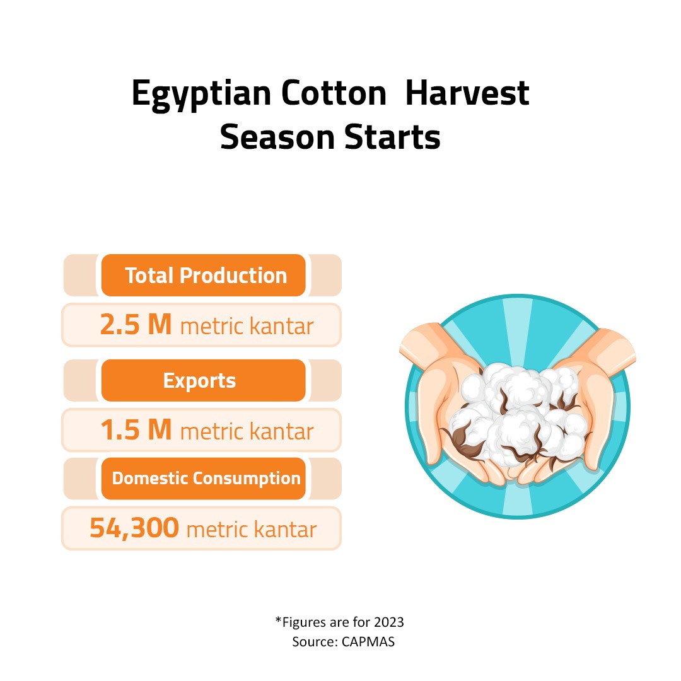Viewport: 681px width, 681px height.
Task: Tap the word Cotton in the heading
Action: [334, 93]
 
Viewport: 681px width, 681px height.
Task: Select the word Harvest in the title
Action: [467, 93]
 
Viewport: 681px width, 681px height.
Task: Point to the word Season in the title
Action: [277, 137]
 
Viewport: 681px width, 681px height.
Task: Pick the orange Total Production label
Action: [203, 276]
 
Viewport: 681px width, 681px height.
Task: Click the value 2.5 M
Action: [136, 325]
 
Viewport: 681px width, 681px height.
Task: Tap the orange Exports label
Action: [203, 380]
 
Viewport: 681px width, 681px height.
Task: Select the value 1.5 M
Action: [136, 430]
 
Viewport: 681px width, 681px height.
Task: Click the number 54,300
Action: [134, 528]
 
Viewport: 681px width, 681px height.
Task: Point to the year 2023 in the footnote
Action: [388, 622]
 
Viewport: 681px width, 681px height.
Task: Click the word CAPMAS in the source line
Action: [368, 641]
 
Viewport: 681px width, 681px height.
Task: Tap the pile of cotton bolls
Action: [519, 415]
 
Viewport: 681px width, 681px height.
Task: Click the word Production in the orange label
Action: [233, 276]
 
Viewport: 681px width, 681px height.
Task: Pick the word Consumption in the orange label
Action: [247, 479]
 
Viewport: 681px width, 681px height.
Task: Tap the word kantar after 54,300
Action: [285, 530]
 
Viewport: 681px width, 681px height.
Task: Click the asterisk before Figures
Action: [279, 620]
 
